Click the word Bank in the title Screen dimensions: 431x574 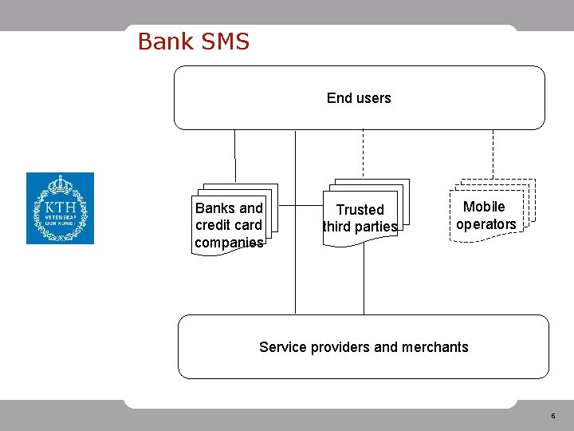click(x=163, y=42)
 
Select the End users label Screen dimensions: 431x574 click(x=359, y=98)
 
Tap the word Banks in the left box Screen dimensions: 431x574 click(x=214, y=208)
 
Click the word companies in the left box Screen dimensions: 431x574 click(x=229, y=243)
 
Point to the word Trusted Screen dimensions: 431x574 click(x=360, y=210)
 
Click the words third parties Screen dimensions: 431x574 click(x=360, y=227)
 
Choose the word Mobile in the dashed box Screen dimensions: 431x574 click(x=484, y=207)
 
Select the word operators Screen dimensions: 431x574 click(x=486, y=224)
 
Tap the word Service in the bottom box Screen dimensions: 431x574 click(x=281, y=347)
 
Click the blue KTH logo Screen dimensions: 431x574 click(x=60, y=208)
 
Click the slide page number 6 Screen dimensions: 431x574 click(x=552, y=416)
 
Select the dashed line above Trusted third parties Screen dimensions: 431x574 click(x=364, y=153)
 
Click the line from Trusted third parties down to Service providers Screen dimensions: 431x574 click(x=364, y=279)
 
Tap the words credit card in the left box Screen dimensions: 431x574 click(x=229, y=225)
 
